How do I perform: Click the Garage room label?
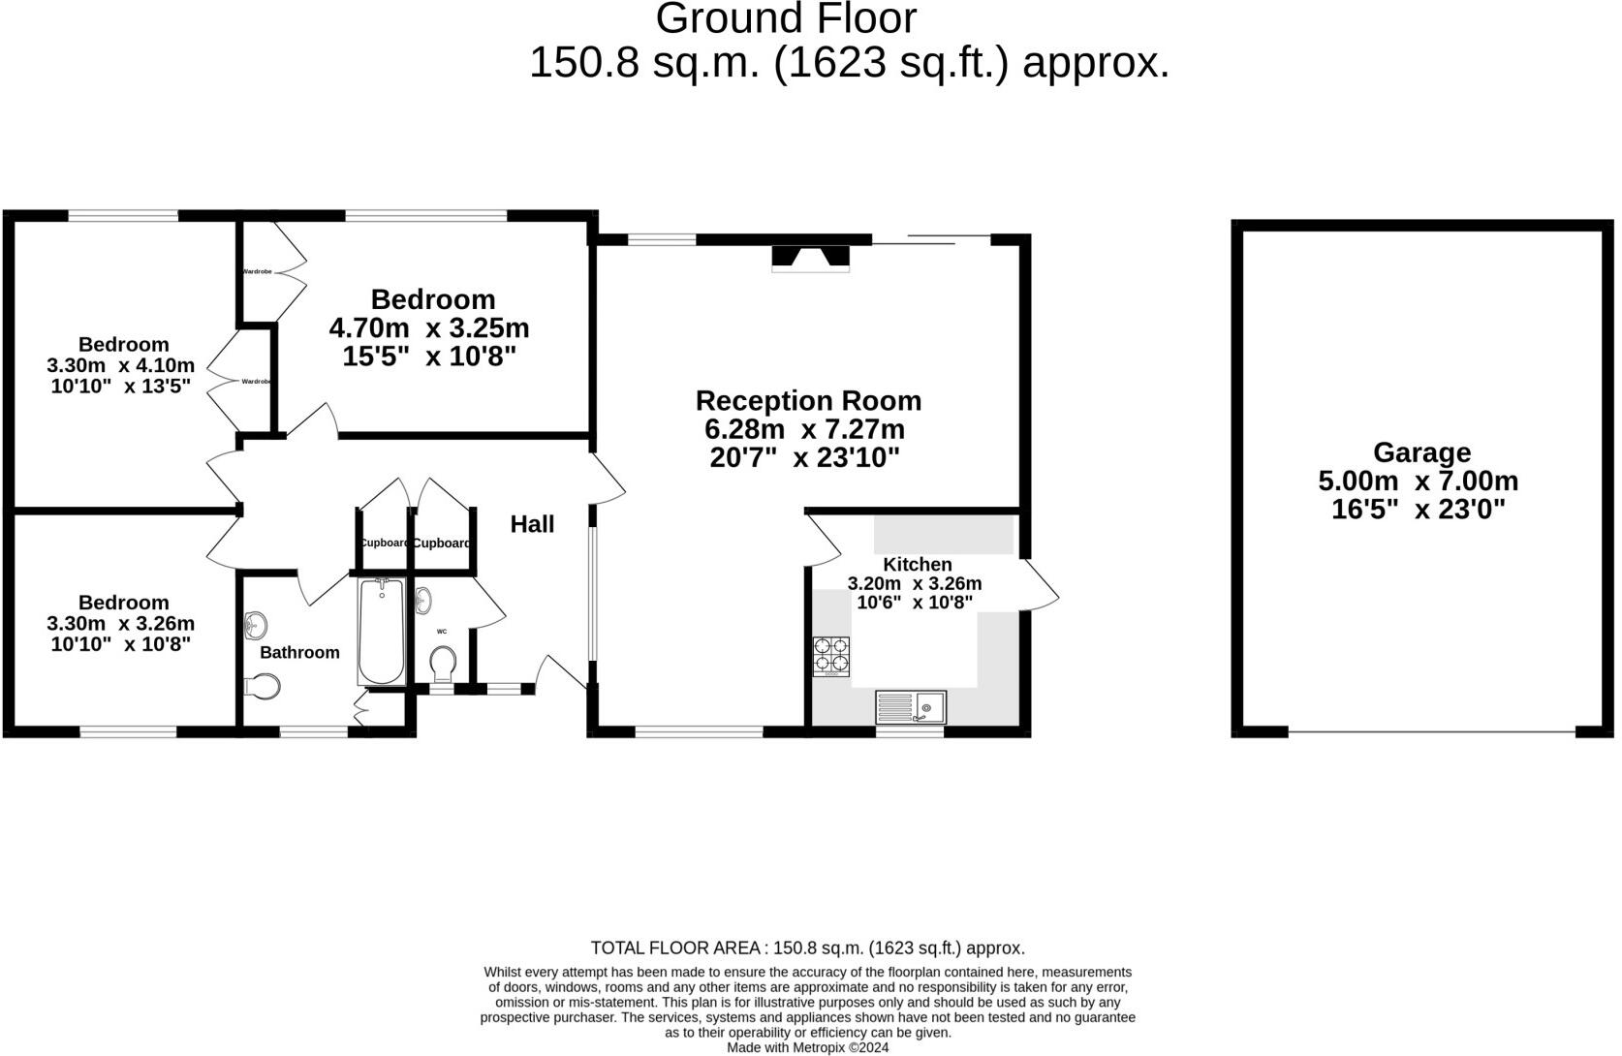pos(1421,452)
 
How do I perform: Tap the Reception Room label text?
pos(808,401)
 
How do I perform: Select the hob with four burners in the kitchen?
pos(831,656)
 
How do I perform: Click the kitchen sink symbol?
pos(911,707)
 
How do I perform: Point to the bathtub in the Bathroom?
pos(381,632)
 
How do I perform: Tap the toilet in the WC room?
pos(443,665)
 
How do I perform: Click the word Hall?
pos(532,524)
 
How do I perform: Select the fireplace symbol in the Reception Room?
pos(810,256)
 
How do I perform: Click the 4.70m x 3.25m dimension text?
pos(429,327)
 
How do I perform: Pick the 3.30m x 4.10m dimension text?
pos(120,366)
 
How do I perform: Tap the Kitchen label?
pos(917,564)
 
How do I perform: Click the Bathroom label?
pos(299,652)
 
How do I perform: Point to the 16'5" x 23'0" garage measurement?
pos(1419,510)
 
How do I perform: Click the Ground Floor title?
pos(786,19)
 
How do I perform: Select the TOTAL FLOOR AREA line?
pos(807,948)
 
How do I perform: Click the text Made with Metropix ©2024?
pos(807,1047)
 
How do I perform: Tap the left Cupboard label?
pos(384,543)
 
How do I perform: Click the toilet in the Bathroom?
pos(262,687)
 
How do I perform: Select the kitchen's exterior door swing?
pos(1040,586)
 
